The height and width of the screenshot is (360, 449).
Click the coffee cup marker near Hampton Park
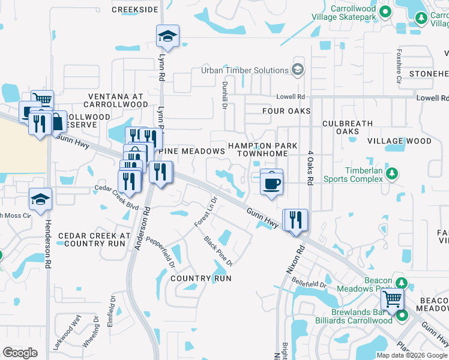[272, 182]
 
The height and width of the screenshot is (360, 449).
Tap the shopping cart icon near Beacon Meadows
[392, 299]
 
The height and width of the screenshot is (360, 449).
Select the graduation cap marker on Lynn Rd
[167, 37]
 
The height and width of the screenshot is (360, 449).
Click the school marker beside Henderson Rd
[40, 200]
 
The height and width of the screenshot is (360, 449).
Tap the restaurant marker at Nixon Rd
[295, 220]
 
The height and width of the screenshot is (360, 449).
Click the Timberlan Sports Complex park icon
[392, 173]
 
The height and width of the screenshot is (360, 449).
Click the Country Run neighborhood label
[200, 278]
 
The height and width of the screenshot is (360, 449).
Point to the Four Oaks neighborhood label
[286, 111]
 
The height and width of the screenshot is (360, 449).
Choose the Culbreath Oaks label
[348, 127]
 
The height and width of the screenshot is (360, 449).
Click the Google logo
[20, 353]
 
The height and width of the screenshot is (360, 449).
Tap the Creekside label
[135, 10]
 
